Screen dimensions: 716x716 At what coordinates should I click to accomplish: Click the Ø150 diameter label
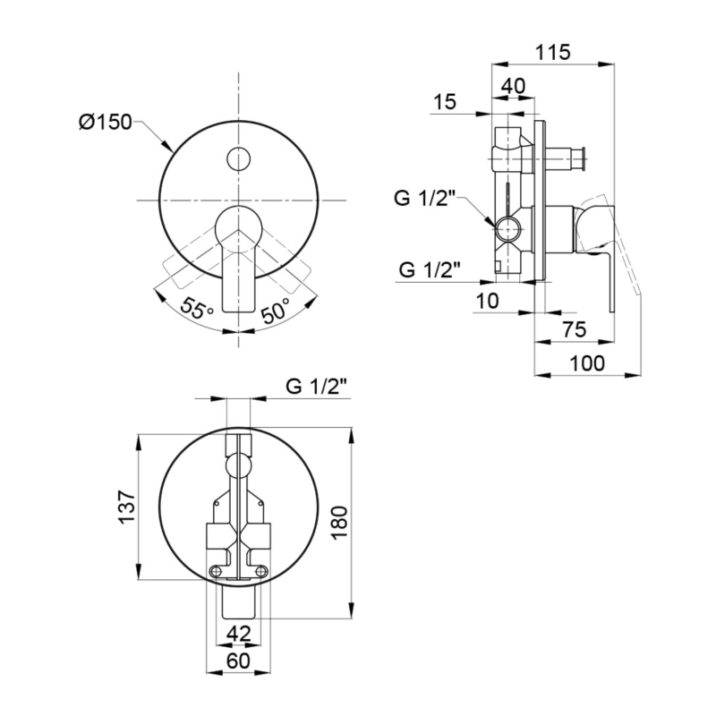tap(105, 123)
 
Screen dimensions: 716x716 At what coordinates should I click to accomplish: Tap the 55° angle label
tap(197, 309)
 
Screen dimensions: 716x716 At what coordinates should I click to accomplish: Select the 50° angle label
tap(276, 311)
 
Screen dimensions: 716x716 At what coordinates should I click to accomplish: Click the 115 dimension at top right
tap(552, 52)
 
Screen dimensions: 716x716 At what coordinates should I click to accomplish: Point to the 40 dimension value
tap(513, 86)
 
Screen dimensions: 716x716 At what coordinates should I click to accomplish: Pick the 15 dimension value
tap(445, 101)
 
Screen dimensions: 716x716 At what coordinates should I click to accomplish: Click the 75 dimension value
tap(574, 328)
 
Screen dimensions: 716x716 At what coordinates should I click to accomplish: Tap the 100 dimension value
tap(587, 363)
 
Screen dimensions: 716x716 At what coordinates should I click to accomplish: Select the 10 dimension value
tap(487, 301)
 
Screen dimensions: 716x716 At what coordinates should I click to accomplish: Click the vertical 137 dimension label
tap(127, 507)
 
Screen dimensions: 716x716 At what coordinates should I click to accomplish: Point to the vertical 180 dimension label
tap(340, 523)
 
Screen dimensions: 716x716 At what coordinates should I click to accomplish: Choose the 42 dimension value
tap(239, 634)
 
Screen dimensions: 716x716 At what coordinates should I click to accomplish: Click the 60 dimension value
tap(238, 661)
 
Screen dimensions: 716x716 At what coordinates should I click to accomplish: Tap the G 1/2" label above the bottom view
tap(317, 387)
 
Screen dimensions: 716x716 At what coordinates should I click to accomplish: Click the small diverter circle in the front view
tap(238, 159)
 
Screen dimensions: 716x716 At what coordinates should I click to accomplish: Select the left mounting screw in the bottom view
tap(216, 570)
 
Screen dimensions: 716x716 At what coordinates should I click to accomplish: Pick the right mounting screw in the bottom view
tap(261, 570)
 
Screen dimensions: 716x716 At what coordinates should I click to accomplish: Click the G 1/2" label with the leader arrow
tap(425, 199)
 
